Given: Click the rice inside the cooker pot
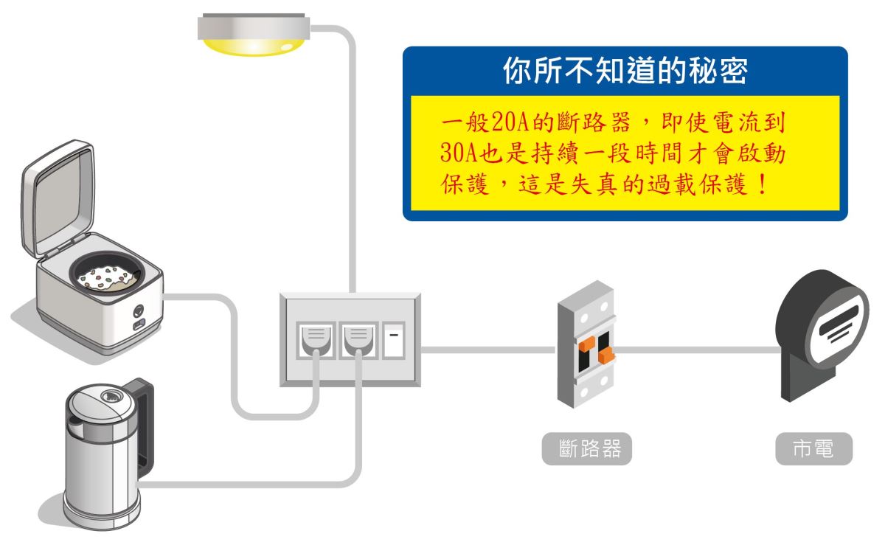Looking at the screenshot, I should pos(105,279).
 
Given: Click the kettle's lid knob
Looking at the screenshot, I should pos(111,396).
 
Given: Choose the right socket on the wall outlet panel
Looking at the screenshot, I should pos(357,339).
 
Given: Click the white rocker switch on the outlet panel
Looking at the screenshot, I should pos(394,340).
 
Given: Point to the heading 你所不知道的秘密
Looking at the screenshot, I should pos(625,72).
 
